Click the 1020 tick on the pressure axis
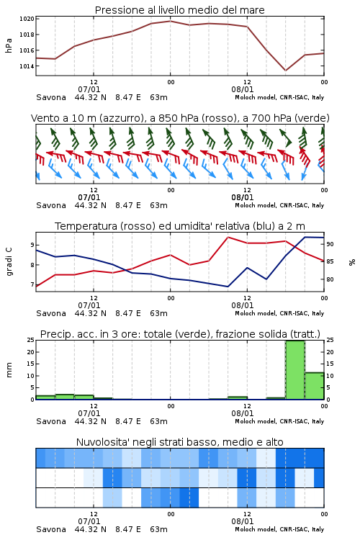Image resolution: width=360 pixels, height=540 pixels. (27, 19)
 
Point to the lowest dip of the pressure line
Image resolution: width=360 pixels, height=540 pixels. (285, 71)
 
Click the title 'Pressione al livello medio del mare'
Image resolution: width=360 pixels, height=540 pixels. (180, 10)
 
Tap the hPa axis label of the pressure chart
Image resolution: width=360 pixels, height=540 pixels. (9, 45)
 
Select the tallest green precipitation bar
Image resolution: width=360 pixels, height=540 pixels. (295, 370)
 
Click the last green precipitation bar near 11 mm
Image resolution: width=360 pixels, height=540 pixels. (315, 386)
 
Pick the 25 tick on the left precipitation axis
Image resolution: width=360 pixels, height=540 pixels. (31, 340)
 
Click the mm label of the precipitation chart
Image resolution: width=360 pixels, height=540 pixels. (9, 370)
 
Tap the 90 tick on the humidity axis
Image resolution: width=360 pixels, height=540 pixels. (330, 244)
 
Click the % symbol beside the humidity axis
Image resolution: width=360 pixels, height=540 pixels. (352, 262)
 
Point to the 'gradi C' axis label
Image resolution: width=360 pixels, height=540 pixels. (9, 262)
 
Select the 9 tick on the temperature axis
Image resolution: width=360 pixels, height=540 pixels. (32, 245)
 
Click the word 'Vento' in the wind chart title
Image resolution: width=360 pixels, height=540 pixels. (43, 118)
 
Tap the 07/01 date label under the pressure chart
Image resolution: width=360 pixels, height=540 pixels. (89, 89)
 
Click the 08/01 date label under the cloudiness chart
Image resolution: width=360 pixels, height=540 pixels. (243, 521)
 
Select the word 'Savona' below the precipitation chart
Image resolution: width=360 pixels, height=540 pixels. (51, 421)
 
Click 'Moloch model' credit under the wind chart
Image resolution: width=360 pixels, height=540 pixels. (256, 205)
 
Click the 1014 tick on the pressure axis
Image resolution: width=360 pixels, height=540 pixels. (27, 66)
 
